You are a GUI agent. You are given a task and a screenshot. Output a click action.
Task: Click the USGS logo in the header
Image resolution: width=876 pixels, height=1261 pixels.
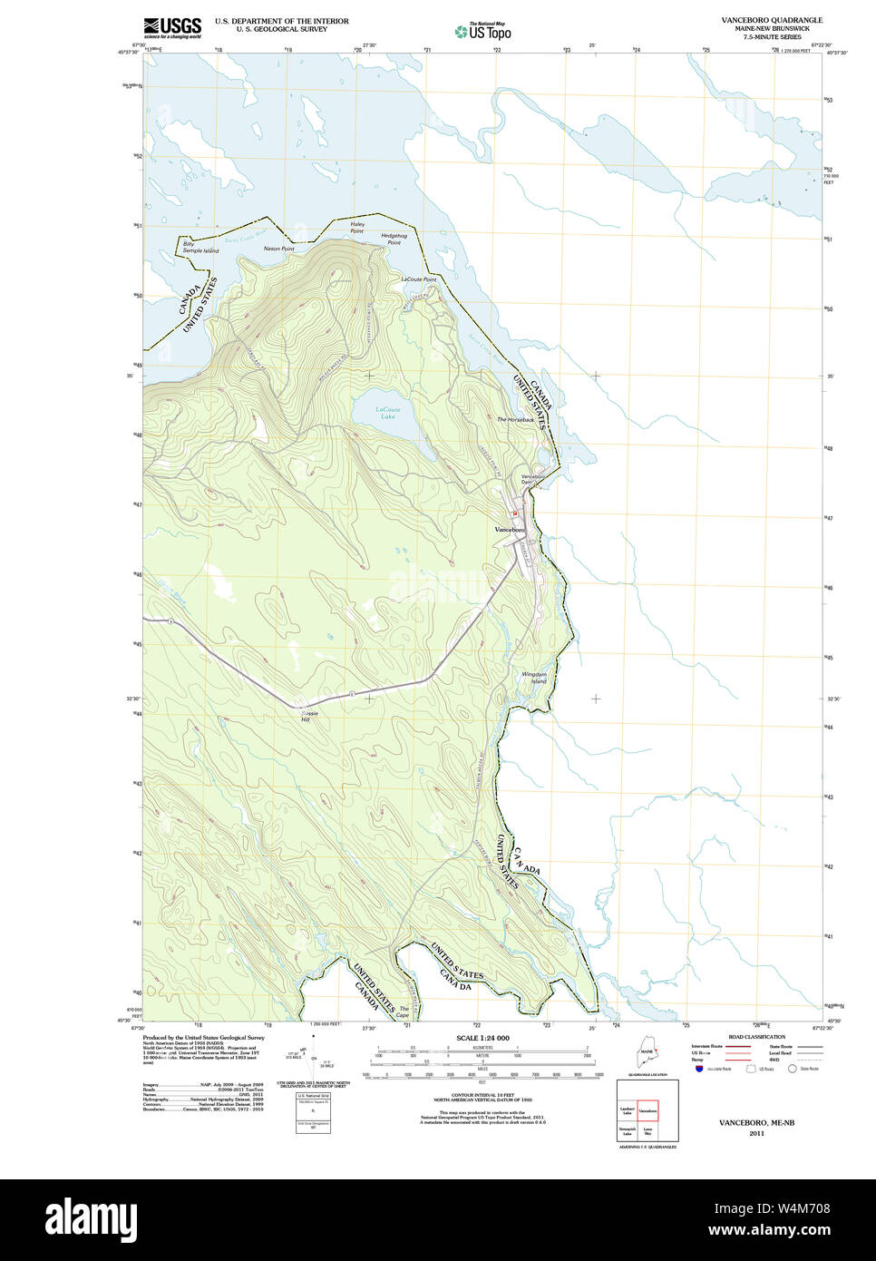172,26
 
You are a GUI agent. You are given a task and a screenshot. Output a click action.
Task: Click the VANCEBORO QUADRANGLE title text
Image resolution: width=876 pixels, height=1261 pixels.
772,20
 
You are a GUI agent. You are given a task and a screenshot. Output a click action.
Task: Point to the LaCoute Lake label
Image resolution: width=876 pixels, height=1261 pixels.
388,413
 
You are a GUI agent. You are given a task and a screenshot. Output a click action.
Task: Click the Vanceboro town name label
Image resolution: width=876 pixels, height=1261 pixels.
510,529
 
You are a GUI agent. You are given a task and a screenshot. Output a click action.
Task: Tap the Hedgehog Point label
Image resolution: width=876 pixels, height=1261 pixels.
394,239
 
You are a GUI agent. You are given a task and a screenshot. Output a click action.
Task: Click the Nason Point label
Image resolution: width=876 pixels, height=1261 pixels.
278,249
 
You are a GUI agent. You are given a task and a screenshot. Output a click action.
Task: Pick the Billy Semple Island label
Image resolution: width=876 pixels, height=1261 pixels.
200,247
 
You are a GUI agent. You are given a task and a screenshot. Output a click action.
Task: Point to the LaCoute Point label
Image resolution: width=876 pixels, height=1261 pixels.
418,279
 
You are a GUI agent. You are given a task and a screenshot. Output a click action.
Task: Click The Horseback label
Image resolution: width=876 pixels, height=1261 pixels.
515,419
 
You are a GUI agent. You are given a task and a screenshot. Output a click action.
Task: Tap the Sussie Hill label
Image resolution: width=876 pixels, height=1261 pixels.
310,716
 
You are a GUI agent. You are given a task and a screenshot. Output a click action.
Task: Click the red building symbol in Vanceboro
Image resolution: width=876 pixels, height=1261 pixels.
514,513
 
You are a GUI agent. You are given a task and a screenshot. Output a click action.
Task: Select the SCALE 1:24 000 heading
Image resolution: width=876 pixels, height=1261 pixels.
482,1038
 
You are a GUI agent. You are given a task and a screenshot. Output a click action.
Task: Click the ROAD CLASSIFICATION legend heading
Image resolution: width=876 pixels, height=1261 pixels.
756,1037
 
